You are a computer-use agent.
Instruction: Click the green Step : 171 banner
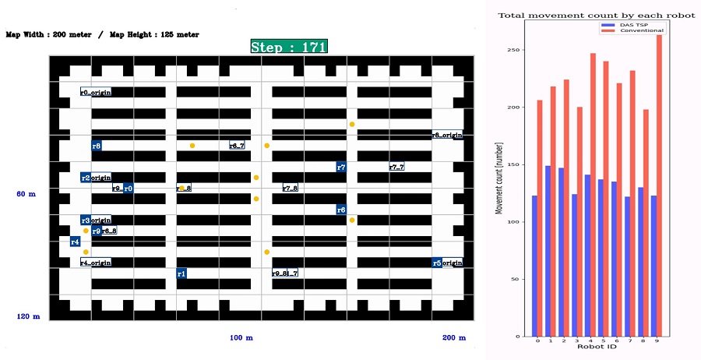pos(289,46)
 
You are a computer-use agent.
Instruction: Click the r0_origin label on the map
pos(96,92)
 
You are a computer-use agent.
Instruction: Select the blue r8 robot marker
pos(97,146)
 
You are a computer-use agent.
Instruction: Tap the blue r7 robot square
pos(341,167)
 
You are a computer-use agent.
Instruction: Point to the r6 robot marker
pos(341,210)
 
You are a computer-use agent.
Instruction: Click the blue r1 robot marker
pos(181,274)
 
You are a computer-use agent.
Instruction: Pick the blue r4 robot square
pos(75,242)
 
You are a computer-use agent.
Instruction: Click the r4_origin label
pos(96,263)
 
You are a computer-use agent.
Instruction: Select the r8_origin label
pos(447,135)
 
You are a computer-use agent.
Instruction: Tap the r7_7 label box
pos(396,167)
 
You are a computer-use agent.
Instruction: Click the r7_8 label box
pos(290,188)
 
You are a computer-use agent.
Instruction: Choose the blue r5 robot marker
pos(437,263)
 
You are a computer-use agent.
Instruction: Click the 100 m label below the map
pos(241,337)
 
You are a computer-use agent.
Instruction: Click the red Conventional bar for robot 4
pos(593,195)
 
